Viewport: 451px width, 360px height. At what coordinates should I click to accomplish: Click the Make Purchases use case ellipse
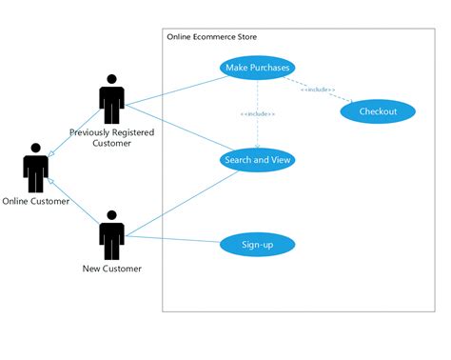coord(257,68)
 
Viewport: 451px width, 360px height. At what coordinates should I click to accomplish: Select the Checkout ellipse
coord(378,112)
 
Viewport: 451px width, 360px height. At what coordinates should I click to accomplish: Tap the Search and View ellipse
coord(257,160)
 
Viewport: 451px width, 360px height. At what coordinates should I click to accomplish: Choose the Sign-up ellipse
coord(257,245)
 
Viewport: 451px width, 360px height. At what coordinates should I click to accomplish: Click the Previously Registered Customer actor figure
coord(112,100)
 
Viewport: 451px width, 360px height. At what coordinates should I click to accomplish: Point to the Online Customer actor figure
coord(35,169)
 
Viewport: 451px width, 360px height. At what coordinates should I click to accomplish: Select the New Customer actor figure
coord(112,235)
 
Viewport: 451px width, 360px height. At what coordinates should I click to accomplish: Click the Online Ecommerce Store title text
coord(211,37)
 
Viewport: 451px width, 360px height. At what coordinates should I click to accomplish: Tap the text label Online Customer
coord(35,201)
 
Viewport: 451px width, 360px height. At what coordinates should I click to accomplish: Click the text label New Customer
coord(112,269)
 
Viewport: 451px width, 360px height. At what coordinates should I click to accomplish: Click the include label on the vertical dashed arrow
coord(257,114)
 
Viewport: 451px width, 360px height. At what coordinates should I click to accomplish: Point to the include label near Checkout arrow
coord(318,90)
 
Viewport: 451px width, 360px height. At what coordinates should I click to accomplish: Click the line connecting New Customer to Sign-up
coord(171,239)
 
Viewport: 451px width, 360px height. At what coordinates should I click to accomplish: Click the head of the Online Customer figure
coord(35,149)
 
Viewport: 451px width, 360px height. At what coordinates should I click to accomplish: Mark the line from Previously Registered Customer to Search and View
coord(176,130)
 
